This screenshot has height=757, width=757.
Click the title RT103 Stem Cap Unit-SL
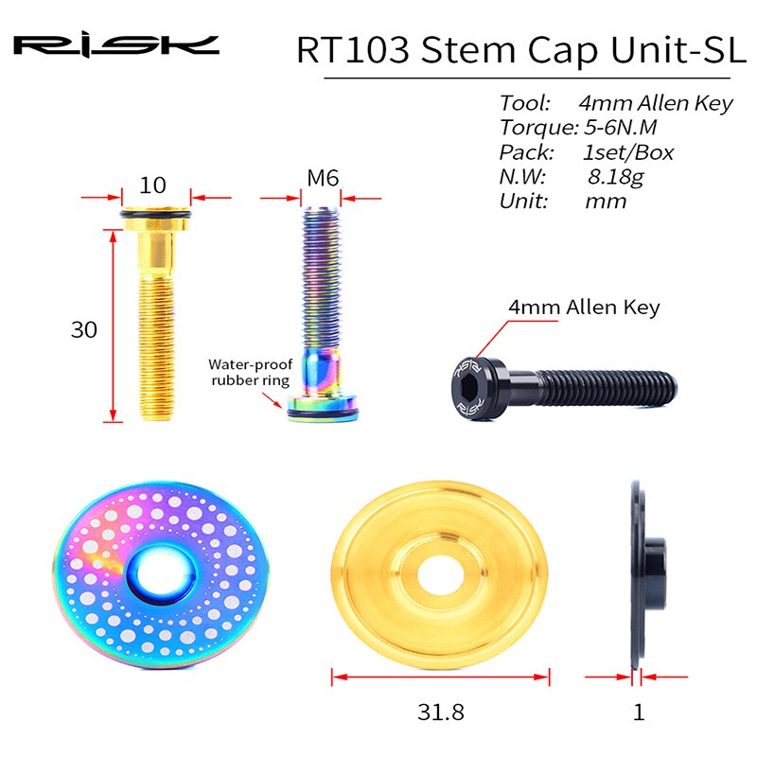tap(514, 49)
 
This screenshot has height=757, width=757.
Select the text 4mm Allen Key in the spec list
tap(655, 103)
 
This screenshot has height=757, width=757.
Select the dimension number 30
tap(85, 329)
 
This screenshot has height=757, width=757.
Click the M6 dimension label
tap(323, 179)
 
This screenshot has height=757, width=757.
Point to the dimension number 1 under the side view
tap(639, 712)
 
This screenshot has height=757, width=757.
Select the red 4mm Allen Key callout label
tap(584, 308)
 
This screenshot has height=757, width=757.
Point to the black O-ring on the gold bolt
tap(157, 223)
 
